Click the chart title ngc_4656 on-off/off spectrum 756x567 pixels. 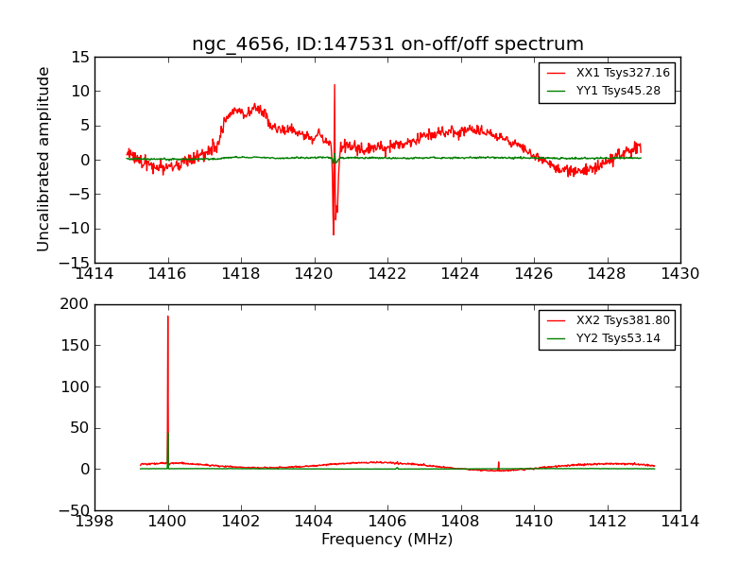pyautogui.click(x=387, y=44)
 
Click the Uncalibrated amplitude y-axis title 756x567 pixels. pyautogui.click(x=44, y=159)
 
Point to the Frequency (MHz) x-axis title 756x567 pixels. pyautogui.click(x=387, y=540)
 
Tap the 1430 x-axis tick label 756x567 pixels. pyautogui.click(x=680, y=274)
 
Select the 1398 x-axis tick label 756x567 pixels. pyautogui.click(x=94, y=522)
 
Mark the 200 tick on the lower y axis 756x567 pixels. pyautogui.click(x=76, y=304)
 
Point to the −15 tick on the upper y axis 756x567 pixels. pyautogui.click(x=74, y=263)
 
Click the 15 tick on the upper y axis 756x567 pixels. pyautogui.click(x=79, y=57)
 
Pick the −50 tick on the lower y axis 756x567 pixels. pyautogui.click(x=74, y=510)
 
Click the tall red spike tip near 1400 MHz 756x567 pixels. pyautogui.click(x=168, y=317)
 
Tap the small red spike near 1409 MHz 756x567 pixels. pyautogui.click(x=498, y=462)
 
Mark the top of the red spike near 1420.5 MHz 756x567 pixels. pyautogui.click(x=335, y=85)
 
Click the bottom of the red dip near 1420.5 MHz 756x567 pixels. pyautogui.click(x=333, y=234)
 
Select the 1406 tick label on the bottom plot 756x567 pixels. pyautogui.click(x=387, y=522)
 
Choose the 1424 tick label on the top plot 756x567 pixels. pyautogui.click(x=460, y=274)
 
